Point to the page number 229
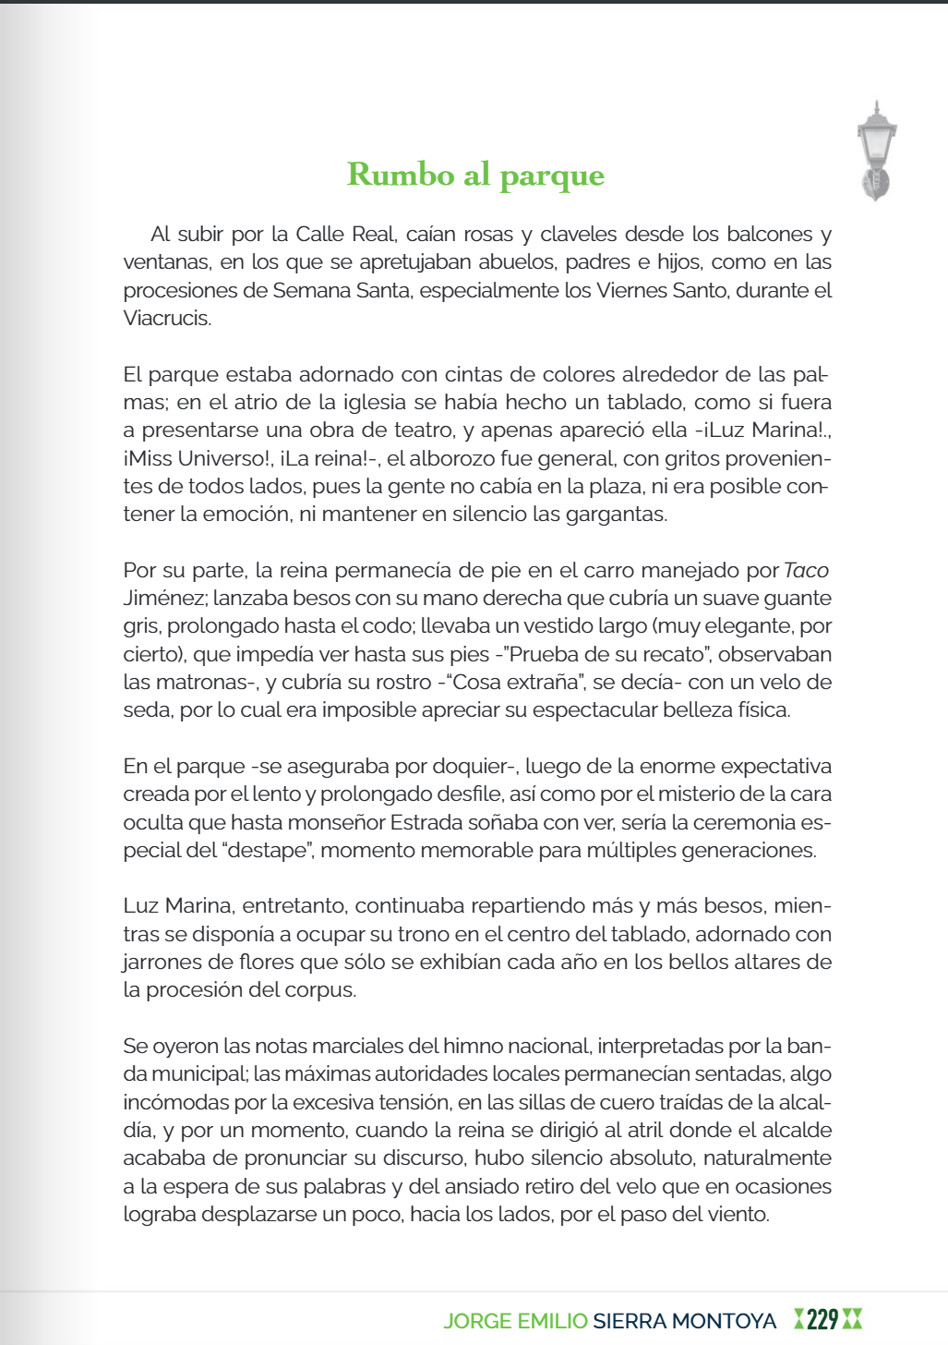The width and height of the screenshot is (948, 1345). click(x=822, y=1319)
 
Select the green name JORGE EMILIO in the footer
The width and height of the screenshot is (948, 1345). click(x=515, y=1321)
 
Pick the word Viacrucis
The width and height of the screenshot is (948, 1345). click(x=167, y=319)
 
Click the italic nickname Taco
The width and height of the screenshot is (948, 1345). click(x=806, y=571)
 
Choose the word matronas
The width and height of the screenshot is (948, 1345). click(x=213, y=683)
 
